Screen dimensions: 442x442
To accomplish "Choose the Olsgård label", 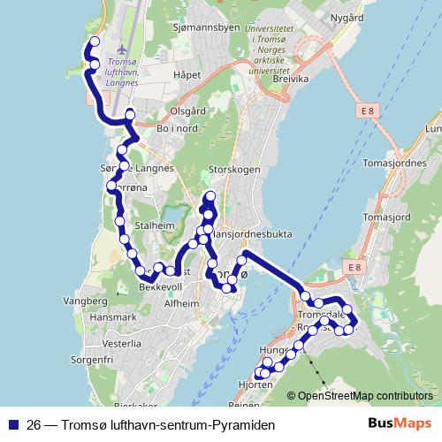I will coord(187,112).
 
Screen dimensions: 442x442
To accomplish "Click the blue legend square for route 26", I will coord(12,424).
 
